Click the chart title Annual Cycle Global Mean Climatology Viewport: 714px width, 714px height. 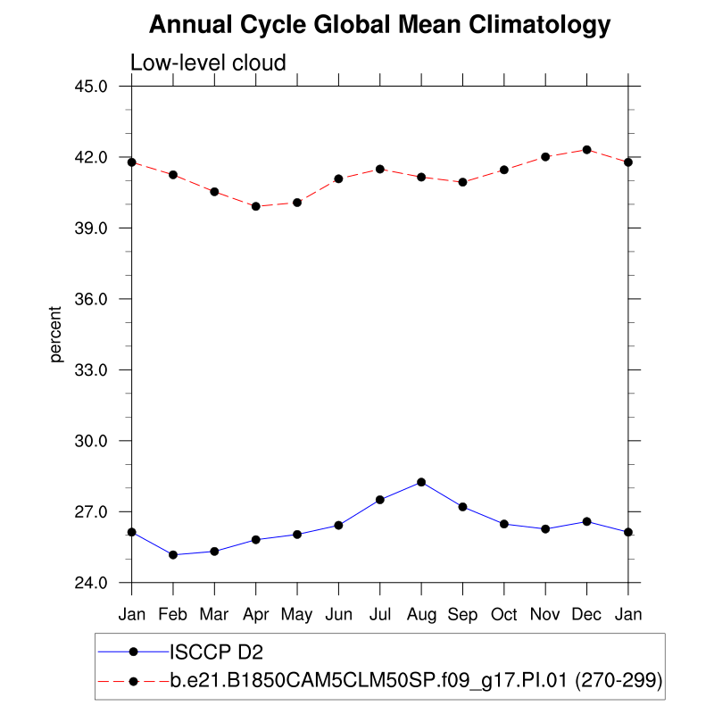coord(380,25)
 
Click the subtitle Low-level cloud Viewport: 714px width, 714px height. coord(208,62)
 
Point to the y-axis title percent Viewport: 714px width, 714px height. coord(56,334)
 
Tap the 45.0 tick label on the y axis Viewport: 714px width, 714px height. coord(91,87)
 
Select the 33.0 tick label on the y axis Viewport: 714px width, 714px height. coord(91,369)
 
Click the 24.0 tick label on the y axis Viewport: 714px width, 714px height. coord(91,583)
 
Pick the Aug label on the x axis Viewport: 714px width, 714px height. coord(421,615)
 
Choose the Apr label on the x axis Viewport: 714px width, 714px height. coord(256,615)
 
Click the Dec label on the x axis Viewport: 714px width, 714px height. coord(586,615)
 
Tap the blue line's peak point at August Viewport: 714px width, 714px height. coord(421,482)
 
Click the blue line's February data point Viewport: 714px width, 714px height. coord(173,555)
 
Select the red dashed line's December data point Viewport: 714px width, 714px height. coord(586,149)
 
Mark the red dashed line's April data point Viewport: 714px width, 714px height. coord(256,206)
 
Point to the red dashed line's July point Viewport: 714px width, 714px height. coord(380,169)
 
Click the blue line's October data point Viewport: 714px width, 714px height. coord(504,524)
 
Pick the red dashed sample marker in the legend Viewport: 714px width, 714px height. coord(133,681)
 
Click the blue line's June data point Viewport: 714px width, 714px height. coord(338,525)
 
